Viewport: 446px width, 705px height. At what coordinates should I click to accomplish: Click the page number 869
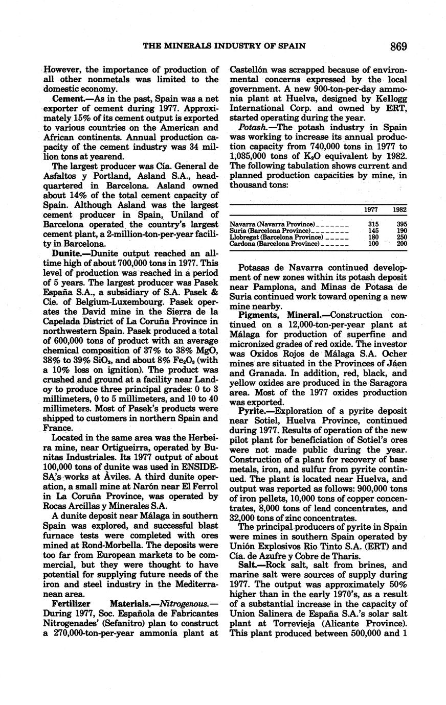point(398,46)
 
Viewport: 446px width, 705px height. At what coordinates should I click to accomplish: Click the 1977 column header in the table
point(371,210)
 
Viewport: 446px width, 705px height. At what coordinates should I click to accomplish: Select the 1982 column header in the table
point(400,210)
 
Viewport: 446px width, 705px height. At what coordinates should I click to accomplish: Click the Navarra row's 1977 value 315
point(373,225)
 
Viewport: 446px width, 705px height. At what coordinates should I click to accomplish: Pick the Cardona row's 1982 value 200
point(402,244)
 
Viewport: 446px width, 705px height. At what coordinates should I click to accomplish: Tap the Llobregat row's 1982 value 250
point(402,238)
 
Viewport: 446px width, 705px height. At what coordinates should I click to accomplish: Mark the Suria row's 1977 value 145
point(373,231)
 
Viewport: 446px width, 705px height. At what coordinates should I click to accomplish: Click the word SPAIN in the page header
point(293,46)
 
